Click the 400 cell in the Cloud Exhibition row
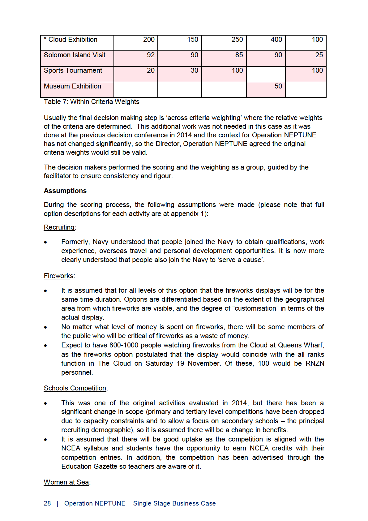point(276,40)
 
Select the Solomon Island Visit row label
point(75,55)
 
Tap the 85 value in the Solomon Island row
point(239,55)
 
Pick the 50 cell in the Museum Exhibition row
point(278,86)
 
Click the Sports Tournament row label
point(73,71)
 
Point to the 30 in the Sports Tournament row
point(194,71)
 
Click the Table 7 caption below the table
point(92,102)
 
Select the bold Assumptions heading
point(65,191)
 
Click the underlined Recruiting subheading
point(59,227)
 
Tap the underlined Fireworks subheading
point(58,276)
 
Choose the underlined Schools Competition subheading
point(75,388)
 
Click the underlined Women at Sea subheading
point(66,482)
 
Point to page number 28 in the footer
point(47,503)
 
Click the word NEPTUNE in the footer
point(110,503)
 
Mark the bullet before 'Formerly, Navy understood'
point(45,242)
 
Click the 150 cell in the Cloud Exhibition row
point(192,40)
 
